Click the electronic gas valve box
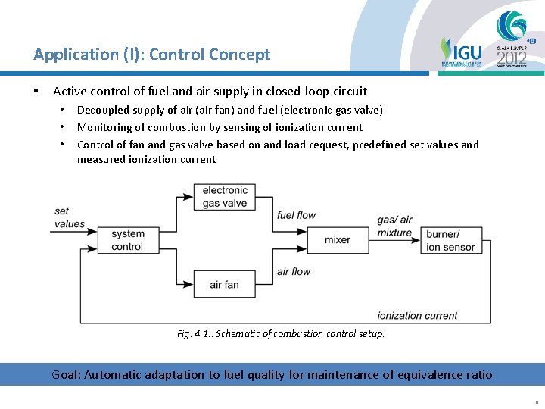(x=225, y=197)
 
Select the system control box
(x=127, y=240)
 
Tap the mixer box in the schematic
(x=337, y=240)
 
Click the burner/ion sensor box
(x=450, y=240)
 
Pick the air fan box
(x=225, y=284)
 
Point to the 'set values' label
(x=70, y=217)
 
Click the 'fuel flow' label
(x=296, y=215)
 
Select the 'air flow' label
(x=294, y=271)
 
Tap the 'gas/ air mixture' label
(x=395, y=226)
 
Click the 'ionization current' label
(x=417, y=316)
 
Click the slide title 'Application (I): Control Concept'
(x=151, y=55)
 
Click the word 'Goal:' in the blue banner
(x=66, y=374)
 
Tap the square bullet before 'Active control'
(x=36, y=92)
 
